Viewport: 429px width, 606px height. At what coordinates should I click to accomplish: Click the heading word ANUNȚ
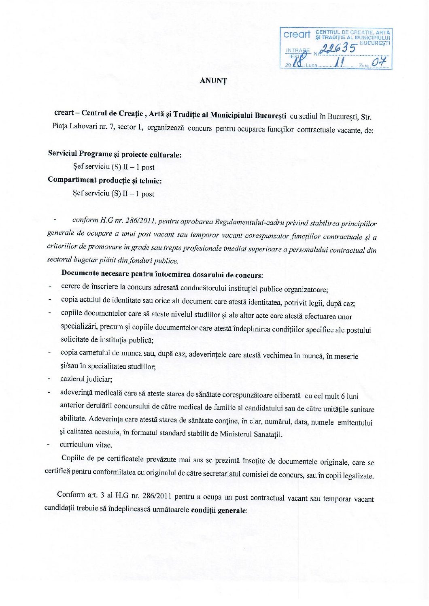click(x=213, y=81)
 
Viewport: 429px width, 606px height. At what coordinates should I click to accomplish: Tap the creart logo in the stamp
click(x=297, y=35)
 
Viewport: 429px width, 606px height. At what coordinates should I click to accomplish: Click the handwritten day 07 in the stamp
click(x=380, y=62)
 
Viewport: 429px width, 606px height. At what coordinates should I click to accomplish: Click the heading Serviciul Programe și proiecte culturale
click(x=115, y=154)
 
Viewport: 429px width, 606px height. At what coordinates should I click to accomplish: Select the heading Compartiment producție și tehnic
click(x=104, y=181)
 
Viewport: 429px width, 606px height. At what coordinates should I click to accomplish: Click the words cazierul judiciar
click(x=86, y=379)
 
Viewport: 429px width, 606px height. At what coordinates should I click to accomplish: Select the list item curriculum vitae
click(x=85, y=445)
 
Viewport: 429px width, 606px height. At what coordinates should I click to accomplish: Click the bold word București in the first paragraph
click(x=270, y=115)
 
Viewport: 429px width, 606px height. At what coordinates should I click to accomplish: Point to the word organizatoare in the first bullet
click(x=305, y=289)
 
